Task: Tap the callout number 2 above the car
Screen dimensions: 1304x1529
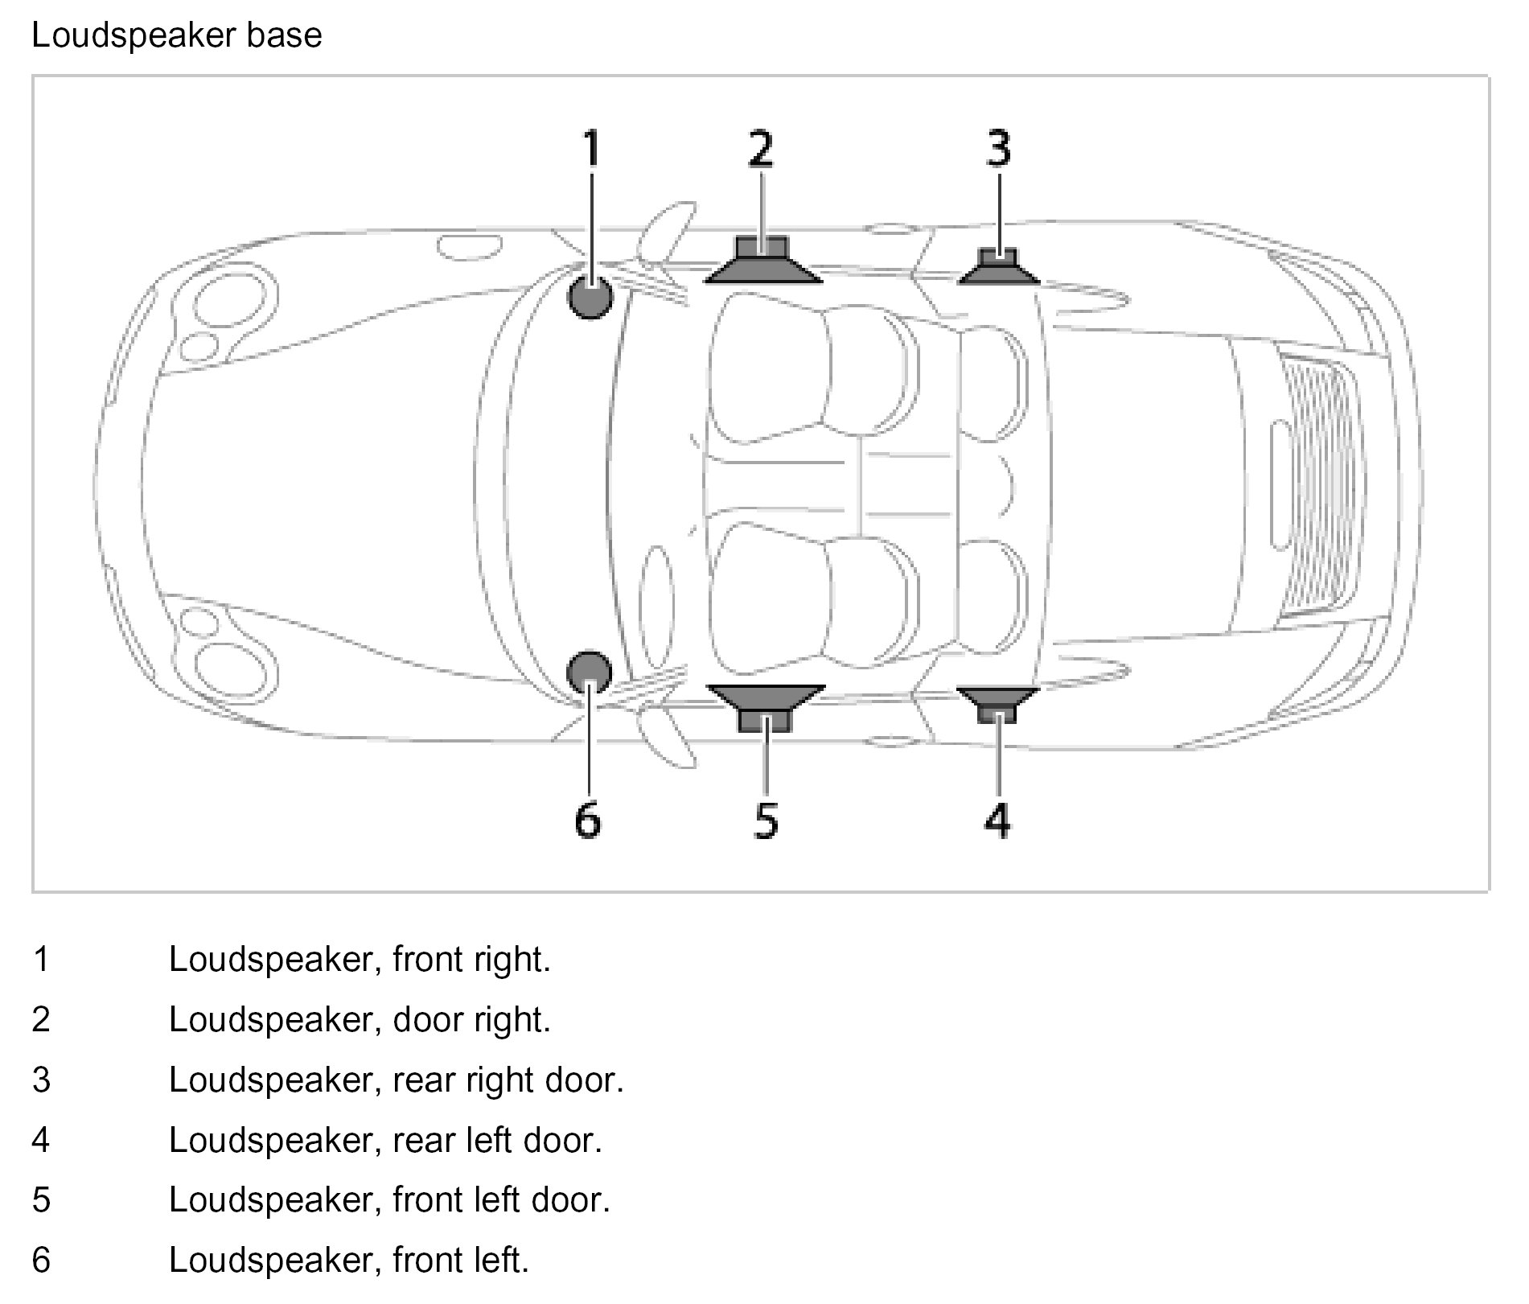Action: tap(760, 149)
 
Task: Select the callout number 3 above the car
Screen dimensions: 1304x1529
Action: tap(998, 149)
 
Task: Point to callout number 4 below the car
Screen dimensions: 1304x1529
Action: tap(997, 820)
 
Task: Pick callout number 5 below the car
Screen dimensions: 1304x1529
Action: tap(766, 820)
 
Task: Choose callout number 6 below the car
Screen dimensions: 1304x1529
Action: tap(588, 820)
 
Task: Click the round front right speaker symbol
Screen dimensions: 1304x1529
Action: tap(590, 297)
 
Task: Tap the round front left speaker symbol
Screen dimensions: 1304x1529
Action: tap(590, 672)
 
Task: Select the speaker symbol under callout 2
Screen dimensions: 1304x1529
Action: tap(762, 261)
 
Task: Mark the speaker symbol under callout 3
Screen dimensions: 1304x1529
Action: tap(998, 268)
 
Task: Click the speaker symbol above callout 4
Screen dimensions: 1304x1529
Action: tap(997, 702)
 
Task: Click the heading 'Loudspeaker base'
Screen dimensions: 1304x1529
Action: tap(177, 36)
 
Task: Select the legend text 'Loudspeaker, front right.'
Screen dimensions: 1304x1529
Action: tap(360, 959)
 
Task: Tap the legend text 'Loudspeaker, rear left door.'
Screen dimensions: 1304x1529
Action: tap(385, 1140)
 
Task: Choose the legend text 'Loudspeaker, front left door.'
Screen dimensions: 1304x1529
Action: tap(389, 1199)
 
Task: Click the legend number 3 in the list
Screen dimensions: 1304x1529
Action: tap(41, 1080)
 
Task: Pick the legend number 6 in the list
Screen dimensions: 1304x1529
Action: tap(41, 1260)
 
